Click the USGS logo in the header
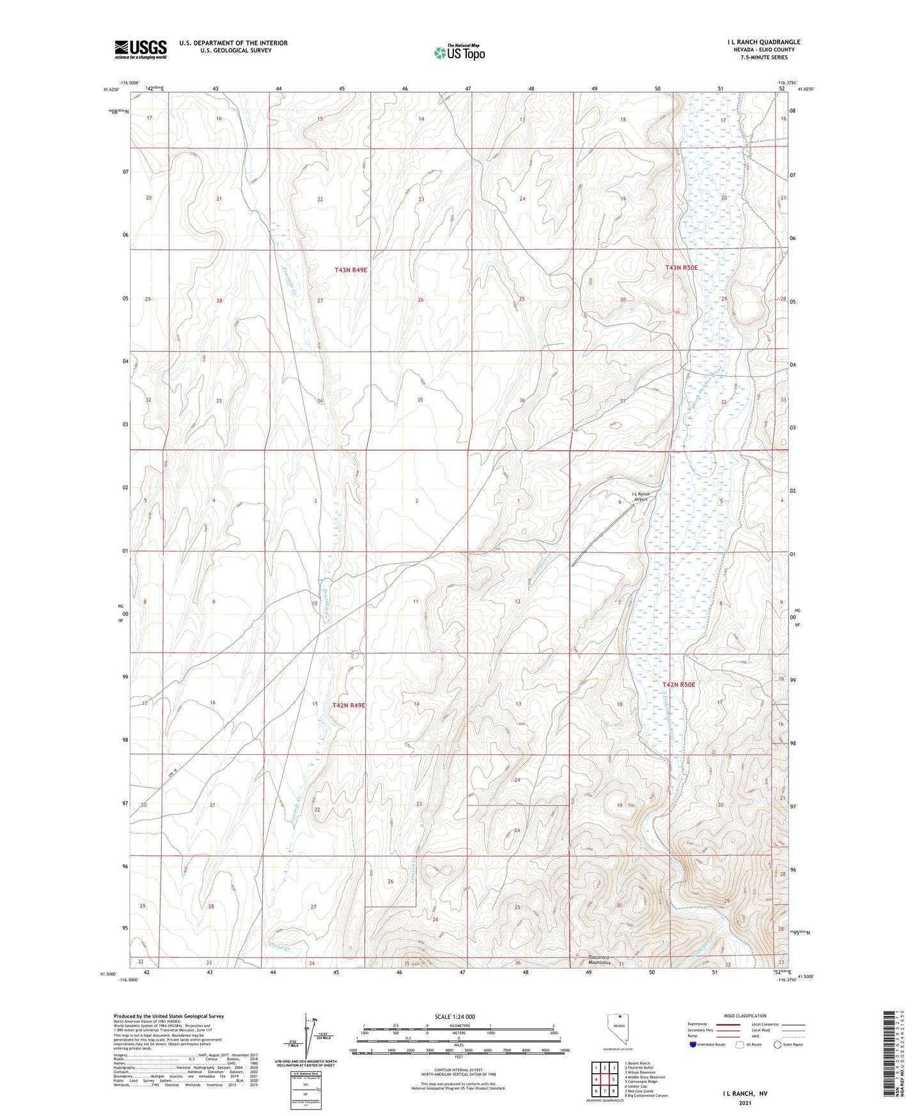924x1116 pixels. tap(141, 49)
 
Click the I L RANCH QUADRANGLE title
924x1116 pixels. tap(763, 42)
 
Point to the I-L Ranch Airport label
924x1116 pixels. tap(641, 497)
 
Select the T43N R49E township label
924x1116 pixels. tap(350, 270)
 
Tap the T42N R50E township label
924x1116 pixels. tap(678, 685)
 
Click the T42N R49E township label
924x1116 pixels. tap(348, 705)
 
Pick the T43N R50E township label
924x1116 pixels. tap(681, 268)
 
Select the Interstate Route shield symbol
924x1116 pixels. tap(693, 1044)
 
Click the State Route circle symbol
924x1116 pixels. tap(778, 1044)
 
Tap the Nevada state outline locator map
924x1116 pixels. tap(617, 1030)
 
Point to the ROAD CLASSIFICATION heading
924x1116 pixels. tap(745, 1016)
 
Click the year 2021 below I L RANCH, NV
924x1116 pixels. tap(745, 1103)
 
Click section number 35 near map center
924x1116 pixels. tap(420, 400)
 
